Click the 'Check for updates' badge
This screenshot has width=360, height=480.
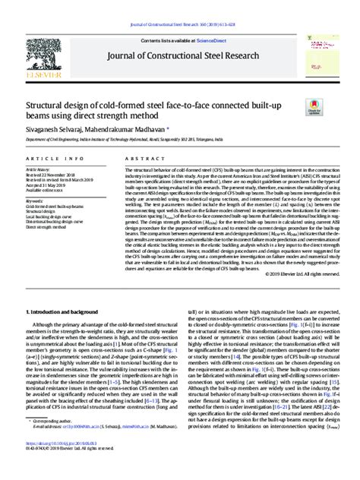coord(313,109)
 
